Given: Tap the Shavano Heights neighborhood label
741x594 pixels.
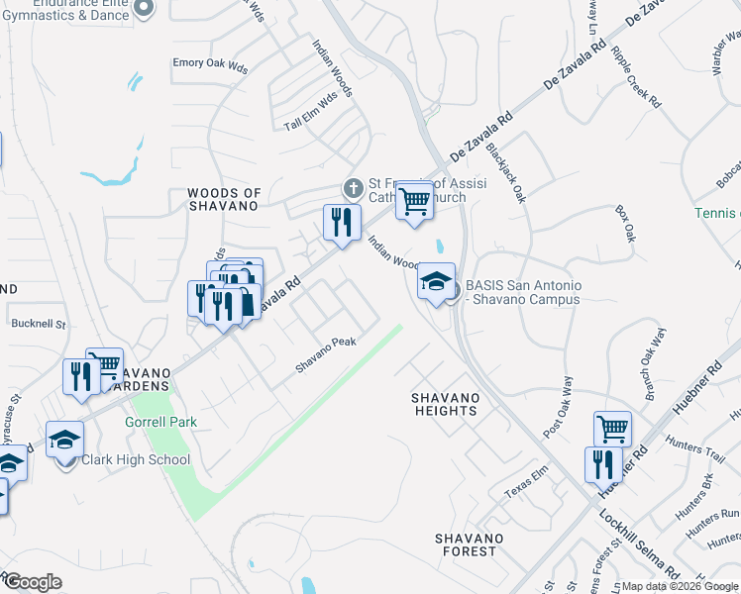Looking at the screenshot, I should (x=446, y=404).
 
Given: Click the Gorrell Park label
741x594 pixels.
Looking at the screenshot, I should (x=160, y=422).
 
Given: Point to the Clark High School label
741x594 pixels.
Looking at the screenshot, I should (x=136, y=459).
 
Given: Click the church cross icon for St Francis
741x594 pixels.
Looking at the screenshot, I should (x=352, y=187).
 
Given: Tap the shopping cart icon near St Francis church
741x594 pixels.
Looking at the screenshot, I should (x=414, y=201).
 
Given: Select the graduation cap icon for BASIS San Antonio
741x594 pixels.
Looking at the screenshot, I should (x=436, y=283).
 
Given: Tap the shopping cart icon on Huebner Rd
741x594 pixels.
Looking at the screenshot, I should (x=612, y=430).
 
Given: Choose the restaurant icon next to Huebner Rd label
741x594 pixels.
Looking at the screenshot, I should (x=603, y=464).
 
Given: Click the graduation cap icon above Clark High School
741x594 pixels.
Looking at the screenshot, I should (x=65, y=438).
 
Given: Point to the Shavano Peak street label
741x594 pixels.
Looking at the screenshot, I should (x=326, y=354).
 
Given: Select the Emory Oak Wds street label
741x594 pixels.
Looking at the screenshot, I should (x=210, y=63).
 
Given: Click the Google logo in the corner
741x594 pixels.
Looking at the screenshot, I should (x=33, y=582).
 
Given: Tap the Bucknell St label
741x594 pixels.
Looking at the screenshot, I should (x=38, y=324).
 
